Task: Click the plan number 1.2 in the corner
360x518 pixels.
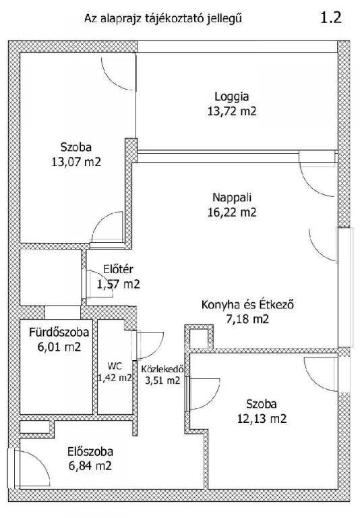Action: point(331,17)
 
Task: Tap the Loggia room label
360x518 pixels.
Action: point(231,97)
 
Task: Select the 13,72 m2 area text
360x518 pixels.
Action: point(232,111)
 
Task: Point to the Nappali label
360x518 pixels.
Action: point(232,198)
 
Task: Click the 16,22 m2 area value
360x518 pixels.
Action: point(232,212)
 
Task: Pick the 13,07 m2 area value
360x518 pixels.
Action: point(76,162)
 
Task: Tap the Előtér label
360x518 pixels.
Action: point(118,269)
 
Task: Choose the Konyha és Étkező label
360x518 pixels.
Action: point(247,304)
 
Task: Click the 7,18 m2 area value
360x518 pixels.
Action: point(247,319)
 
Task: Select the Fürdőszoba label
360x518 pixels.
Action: point(59,332)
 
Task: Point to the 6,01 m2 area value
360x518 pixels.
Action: point(59,347)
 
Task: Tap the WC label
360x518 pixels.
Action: point(115,366)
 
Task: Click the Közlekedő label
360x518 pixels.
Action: point(162,369)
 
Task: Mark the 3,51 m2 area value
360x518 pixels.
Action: point(163,380)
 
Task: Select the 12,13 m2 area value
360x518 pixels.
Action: point(262,419)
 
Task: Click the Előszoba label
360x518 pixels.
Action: point(90,452)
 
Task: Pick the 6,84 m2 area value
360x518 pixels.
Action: point(90,466)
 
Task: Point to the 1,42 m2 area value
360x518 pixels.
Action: point(115,378)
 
